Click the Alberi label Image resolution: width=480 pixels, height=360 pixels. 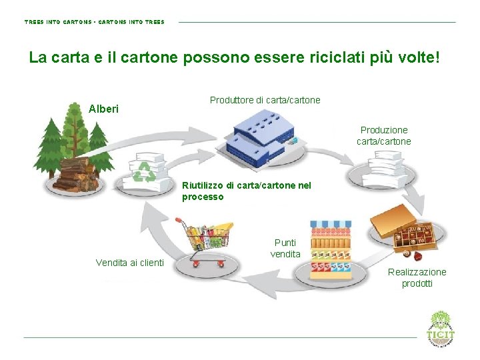pos(103,108)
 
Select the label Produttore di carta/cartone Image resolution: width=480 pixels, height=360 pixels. pos(265,100)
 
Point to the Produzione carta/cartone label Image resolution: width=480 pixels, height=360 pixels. pos(383,135)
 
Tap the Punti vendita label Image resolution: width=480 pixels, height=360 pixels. pos(285,248)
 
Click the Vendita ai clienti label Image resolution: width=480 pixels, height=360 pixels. pos(129,263)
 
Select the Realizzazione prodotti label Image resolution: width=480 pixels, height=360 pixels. pos(417,277)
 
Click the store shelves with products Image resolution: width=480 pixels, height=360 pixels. pos(332,250)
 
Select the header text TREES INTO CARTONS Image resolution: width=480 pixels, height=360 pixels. pos(57,22)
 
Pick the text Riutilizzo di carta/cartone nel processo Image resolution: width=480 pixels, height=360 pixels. pos(246,191)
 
